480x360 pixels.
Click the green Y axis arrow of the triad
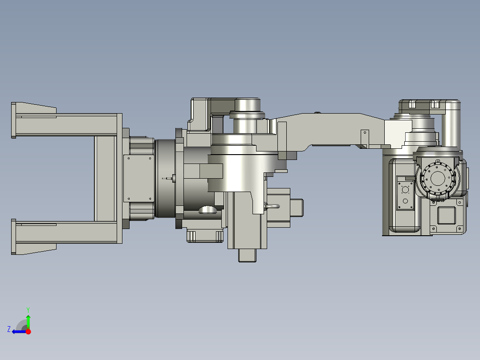[x=28, y=320]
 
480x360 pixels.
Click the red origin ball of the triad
[x=28, y=331]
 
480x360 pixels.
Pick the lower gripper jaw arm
[x=67, y=232]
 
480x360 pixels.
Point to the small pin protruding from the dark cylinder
[x=169, y=179]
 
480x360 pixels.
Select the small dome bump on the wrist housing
[x=208, y=209]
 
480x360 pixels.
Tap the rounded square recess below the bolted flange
[x=446, y=216]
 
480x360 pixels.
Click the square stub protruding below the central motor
[x=248, y=255]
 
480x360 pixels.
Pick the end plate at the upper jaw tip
[x=13, y=120]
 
